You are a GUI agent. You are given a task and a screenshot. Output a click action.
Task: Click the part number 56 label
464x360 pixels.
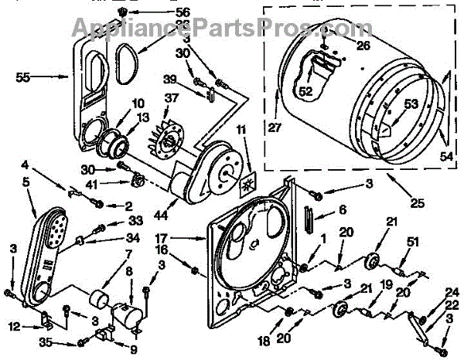[x=182, y=13]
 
